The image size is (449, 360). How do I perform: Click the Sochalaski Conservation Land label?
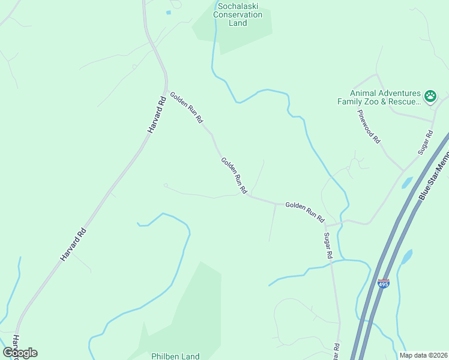tap(238, 14)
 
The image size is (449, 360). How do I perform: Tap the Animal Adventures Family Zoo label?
tap(385, 97)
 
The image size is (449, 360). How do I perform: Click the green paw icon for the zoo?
tap(430, 96)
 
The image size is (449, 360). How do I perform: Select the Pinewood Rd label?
tap(369, 126)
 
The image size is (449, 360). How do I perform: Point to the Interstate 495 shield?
tap(384, 283)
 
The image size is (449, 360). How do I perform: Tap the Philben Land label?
tap(175, 356)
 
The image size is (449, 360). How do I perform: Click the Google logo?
tap(20, 353)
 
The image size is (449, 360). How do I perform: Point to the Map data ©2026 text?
tap(423, 355)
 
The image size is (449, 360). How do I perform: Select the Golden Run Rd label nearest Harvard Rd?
tap(186, 108)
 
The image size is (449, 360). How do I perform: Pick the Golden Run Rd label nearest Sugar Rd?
tap(304, 212)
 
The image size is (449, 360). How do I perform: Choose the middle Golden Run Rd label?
tap(234, 175)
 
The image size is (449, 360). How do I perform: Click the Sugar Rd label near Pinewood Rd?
tap(426, 142)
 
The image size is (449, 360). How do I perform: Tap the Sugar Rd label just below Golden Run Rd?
tap(328, 246)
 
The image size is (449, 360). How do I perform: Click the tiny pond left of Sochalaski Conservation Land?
tap(169, 12)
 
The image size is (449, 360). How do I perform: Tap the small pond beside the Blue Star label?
tap(406, 182)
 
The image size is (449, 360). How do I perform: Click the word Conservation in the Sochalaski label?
tap(238, 14)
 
